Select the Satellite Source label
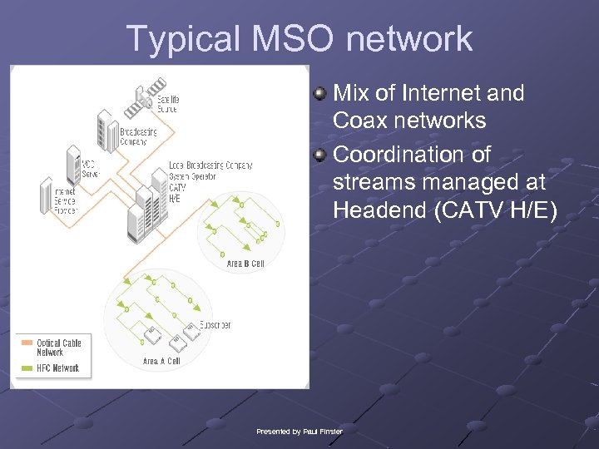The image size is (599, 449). point(168,104)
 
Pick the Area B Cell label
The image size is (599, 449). point(245,264)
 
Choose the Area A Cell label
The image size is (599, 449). point(161,361)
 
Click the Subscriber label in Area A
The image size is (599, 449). point(215,325)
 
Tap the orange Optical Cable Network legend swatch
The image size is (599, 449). point(27,343)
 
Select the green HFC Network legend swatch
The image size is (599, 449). point(27,368)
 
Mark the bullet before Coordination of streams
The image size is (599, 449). point(319,155)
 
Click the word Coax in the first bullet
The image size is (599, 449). point(359,121)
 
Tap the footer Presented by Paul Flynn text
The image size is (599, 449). point(299,431)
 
